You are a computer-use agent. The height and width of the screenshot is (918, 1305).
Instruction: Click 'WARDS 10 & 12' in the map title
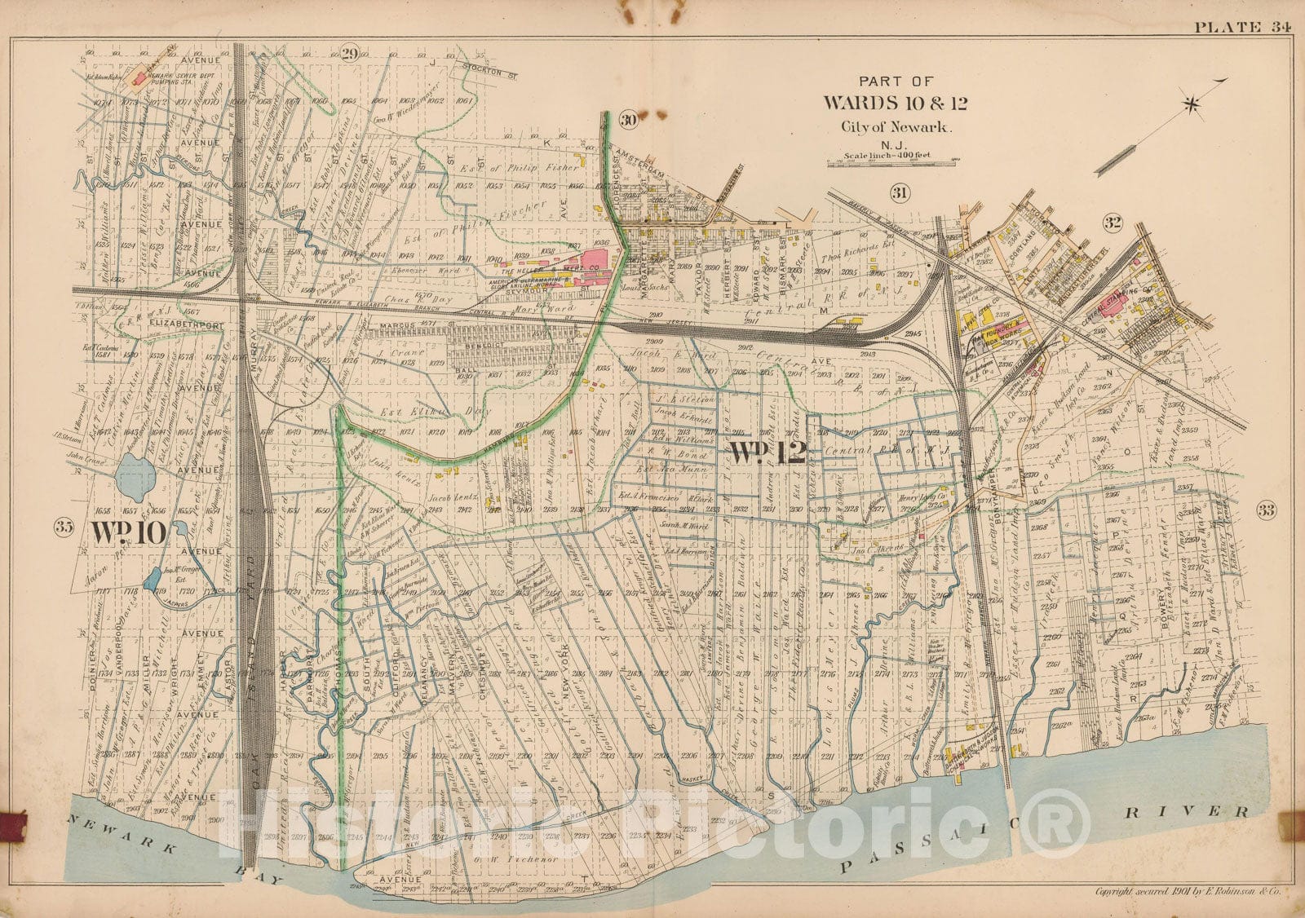896,104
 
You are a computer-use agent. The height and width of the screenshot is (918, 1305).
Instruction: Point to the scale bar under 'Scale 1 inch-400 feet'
892,162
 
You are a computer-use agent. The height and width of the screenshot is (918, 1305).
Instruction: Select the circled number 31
900,192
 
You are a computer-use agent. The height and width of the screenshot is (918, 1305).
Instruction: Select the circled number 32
1112,222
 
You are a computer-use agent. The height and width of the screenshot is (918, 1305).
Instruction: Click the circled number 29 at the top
350,55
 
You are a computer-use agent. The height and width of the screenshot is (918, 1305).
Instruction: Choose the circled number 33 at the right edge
1266,510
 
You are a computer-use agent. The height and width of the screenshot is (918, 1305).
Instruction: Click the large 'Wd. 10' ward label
128,532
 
